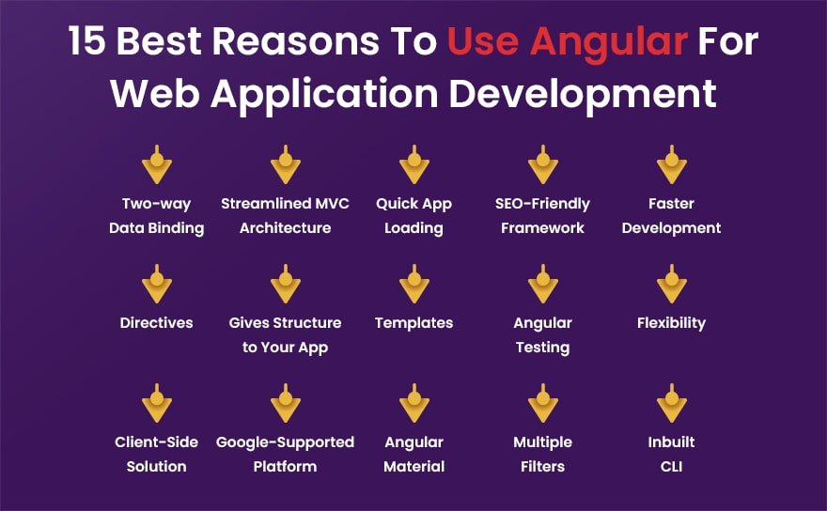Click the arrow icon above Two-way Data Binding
157,165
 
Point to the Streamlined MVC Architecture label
285,215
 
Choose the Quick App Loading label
413,215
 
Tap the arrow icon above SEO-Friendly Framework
543,165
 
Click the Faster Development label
671,215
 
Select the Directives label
157,322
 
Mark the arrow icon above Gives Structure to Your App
285,285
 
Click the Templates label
413,322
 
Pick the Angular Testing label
542,334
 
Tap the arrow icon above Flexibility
671,285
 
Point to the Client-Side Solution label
157,454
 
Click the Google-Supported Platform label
285,454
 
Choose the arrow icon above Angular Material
413,404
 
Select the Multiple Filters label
542,454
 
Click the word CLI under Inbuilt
671,466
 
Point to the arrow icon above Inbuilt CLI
671,404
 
